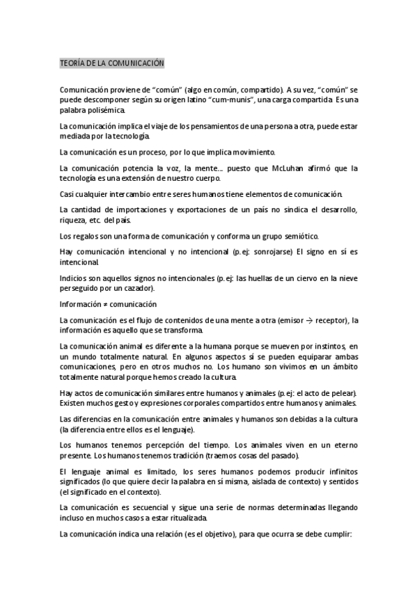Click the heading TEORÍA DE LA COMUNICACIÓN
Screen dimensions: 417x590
click(111, 64)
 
